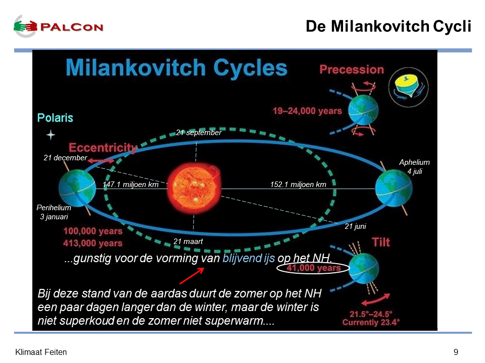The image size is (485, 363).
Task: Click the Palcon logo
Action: point(59,27)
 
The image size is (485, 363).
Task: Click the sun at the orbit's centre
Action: point(194,188)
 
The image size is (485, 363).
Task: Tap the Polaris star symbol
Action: point(51,135)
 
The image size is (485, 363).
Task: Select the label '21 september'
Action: point(199,133)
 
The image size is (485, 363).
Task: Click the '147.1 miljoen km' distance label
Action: point(130,185)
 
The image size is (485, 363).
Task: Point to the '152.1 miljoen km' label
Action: point(298,185)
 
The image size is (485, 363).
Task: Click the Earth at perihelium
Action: point(77,188)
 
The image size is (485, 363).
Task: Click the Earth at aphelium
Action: point(394,188)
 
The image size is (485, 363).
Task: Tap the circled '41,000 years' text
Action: point(313,268)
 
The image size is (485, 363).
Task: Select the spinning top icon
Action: point(408,87)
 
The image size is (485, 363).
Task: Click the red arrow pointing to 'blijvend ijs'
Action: point(192,276)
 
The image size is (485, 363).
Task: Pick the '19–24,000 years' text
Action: point(307,111)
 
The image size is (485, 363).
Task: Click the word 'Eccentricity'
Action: point(103,148)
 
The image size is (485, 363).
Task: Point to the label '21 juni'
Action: point(355,226)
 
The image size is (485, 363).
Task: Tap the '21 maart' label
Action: point(188,241)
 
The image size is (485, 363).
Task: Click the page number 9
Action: point(456,352)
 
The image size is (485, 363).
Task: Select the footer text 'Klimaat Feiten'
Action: point(41,352)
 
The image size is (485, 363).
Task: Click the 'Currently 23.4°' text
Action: point(371,323)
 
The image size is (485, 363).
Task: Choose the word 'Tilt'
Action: point(381,243)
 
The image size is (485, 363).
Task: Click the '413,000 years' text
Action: point(93,243)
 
